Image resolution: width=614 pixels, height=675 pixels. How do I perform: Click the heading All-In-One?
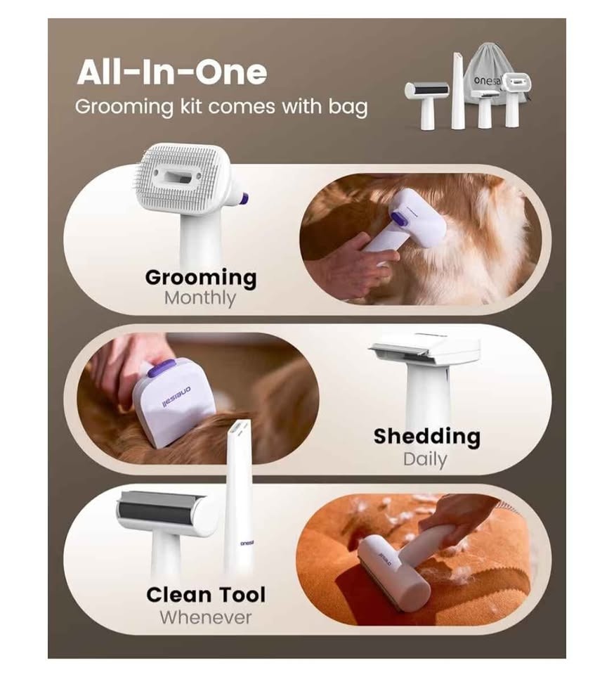(172, 72)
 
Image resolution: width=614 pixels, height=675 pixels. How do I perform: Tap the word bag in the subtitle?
(348, 107)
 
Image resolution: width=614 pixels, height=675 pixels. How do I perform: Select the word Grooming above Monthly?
(201, 278)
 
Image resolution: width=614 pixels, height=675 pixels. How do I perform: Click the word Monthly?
(200, 298)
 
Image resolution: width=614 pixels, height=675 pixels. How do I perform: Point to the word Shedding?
(427, 436)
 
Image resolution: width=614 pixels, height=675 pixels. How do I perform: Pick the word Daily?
(425, 459)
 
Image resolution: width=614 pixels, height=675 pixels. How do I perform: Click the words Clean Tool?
(206, 595)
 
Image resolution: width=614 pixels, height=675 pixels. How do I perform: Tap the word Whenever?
(206, 617)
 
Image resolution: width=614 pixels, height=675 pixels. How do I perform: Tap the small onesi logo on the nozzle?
(247, 544)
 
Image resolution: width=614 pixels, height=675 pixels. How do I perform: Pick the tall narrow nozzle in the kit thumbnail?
(457, 91)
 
